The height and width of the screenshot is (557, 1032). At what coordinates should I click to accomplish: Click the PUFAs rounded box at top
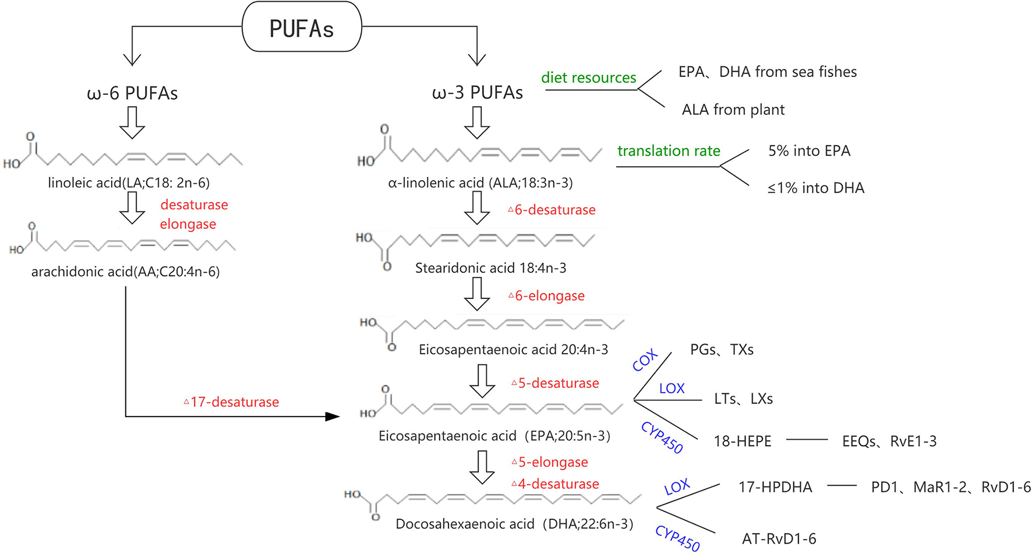coord(302,27)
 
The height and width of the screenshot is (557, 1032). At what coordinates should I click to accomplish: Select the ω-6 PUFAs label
coord(132,93)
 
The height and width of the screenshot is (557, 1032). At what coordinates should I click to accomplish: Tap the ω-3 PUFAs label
coord(477,93)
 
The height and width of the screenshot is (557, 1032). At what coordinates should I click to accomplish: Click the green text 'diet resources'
coord(588,77)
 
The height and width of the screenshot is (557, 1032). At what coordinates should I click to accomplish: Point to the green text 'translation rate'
coord(669,151)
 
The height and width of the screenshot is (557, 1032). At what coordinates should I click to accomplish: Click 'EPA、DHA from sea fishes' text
coord(767,72)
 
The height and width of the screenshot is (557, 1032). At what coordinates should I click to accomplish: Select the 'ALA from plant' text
coord(733,110)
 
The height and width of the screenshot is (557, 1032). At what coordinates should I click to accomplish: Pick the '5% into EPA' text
coord(809,151)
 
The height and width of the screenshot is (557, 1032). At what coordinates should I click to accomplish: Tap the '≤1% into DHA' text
coord(815,188)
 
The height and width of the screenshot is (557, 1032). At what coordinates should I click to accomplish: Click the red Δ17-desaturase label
coord(232,402)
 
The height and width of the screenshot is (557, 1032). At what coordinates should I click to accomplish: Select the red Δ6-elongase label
coord(546,296)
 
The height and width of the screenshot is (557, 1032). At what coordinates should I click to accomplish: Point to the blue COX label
coord(645,361)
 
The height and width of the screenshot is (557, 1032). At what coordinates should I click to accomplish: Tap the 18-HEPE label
coord(743,442)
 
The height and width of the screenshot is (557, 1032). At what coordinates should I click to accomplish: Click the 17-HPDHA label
coord(775,487)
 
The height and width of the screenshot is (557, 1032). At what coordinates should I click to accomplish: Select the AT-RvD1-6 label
coord(779,539)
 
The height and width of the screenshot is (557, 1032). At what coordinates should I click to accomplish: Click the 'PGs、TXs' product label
coord(722,350)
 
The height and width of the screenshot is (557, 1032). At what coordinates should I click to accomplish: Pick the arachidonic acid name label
coord(125,272)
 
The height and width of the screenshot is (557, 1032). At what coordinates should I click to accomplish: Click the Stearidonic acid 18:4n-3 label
coord(490,268)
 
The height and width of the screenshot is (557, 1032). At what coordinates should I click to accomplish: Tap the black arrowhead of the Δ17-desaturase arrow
coord(333,417)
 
